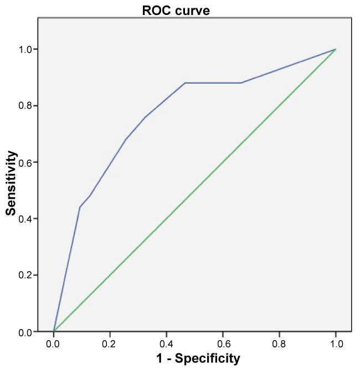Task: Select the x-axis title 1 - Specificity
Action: coord(193,358)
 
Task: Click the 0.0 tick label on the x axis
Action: coord(53,344)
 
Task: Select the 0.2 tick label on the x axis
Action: coord(110,344)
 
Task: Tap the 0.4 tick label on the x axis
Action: coord(166,344)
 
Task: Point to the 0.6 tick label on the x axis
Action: coord(223,344)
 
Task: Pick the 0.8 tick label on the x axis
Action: coord(279,344)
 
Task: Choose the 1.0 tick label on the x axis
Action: coord(336,344)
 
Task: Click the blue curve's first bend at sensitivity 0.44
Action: coord(80,207)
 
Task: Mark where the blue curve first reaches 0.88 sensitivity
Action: coord(185,83)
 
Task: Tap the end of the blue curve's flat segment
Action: coord(241,83)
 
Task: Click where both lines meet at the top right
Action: coord(336,49)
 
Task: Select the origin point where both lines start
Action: coord(54,332)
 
